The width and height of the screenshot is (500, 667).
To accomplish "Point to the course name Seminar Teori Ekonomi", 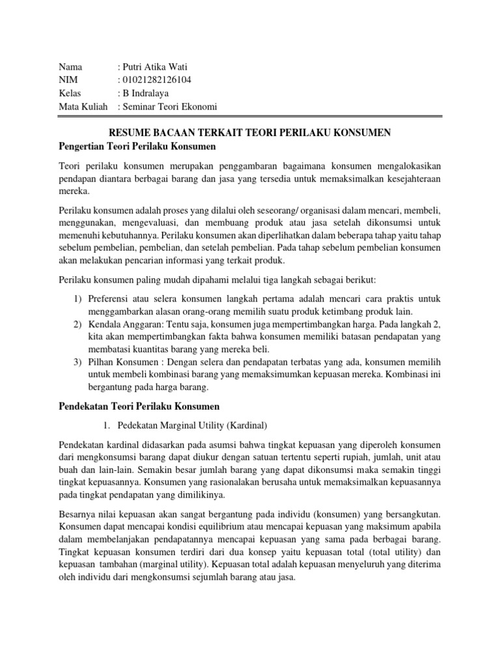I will (x=169, y=107).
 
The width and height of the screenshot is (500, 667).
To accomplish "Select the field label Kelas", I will (x=70, y=93).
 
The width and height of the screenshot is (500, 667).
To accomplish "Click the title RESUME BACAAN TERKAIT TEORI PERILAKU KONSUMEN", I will (x=250, y=132).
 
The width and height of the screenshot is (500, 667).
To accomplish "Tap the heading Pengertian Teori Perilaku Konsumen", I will (x=137, y=145).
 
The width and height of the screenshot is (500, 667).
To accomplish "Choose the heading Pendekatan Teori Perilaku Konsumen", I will (x=139, y=406).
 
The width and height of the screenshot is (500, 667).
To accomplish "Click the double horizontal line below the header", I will (x=250, y=118).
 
